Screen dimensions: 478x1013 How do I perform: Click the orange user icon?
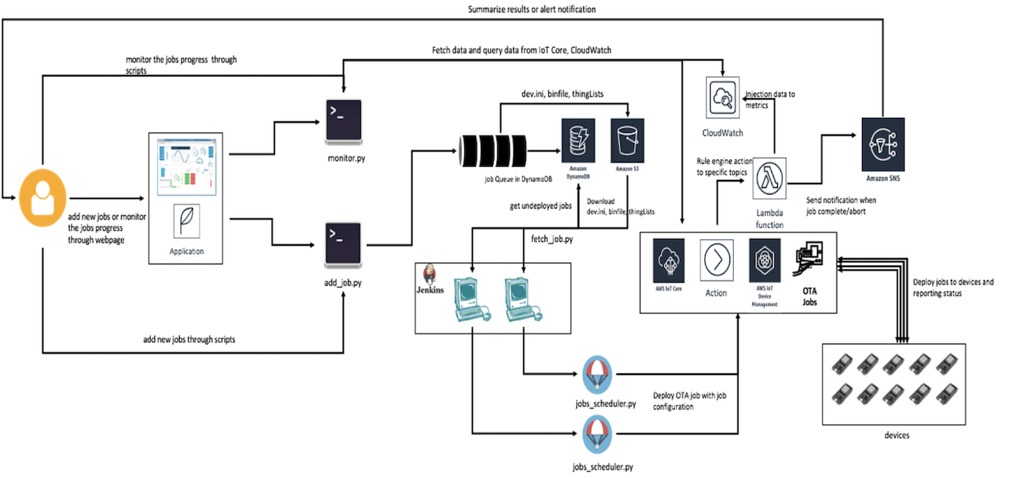(43, 197)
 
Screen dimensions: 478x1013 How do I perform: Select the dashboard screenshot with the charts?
(186, 167)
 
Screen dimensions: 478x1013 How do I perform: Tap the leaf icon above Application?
(186, 221)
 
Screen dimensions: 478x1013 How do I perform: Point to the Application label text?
(186, 252)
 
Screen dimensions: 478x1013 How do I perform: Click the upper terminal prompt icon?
(343, 119)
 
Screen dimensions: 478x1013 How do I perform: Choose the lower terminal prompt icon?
(343, 243)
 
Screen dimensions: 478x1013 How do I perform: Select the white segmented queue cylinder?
(492, 150)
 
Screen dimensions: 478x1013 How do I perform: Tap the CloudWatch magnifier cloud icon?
(722, 97)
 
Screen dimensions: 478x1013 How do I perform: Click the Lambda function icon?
(770, 178)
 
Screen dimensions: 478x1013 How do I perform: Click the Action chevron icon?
(716, 260)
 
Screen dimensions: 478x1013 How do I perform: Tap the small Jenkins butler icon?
(430, 274)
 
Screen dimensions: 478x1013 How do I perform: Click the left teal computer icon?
(472, 299)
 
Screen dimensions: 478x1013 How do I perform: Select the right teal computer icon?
(523, 299)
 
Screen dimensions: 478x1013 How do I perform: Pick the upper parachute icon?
(597, 374)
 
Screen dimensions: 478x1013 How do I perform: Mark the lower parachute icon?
(597, 434)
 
